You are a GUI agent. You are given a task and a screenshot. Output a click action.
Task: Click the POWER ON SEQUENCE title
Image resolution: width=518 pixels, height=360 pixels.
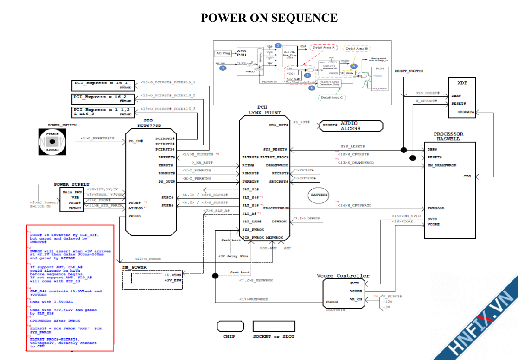click(x=269, y=18)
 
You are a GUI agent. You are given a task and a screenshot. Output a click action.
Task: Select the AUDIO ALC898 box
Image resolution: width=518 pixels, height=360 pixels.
click(x=351, y=126)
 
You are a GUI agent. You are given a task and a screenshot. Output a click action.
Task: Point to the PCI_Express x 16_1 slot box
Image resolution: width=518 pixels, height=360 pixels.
click(x=103, y=85)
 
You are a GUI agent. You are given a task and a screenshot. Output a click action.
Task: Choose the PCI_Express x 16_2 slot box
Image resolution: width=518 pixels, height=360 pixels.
click(x=103, y=99)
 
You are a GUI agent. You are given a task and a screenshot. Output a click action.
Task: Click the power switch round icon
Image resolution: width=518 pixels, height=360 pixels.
click(x=53, y=141)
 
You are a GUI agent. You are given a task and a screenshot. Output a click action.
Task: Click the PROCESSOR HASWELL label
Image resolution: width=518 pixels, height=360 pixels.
click(x=448, y=136)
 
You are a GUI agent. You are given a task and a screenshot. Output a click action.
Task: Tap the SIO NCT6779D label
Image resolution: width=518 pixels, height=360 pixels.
click(x=151, y=123)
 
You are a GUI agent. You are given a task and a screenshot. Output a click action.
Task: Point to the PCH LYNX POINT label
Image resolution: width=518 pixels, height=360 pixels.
click(x=264, y=110)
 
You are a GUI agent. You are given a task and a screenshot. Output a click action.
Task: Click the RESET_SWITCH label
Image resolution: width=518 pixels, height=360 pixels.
click(x=409, y=71)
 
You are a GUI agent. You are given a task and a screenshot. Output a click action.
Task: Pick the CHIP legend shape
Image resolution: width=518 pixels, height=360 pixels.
click(x=230, y=326)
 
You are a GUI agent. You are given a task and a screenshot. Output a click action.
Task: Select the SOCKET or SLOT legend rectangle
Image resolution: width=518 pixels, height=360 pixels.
click(x=273, y=326)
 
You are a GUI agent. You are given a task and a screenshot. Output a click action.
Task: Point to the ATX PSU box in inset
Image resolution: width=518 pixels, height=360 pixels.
click(x=246, y=60)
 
